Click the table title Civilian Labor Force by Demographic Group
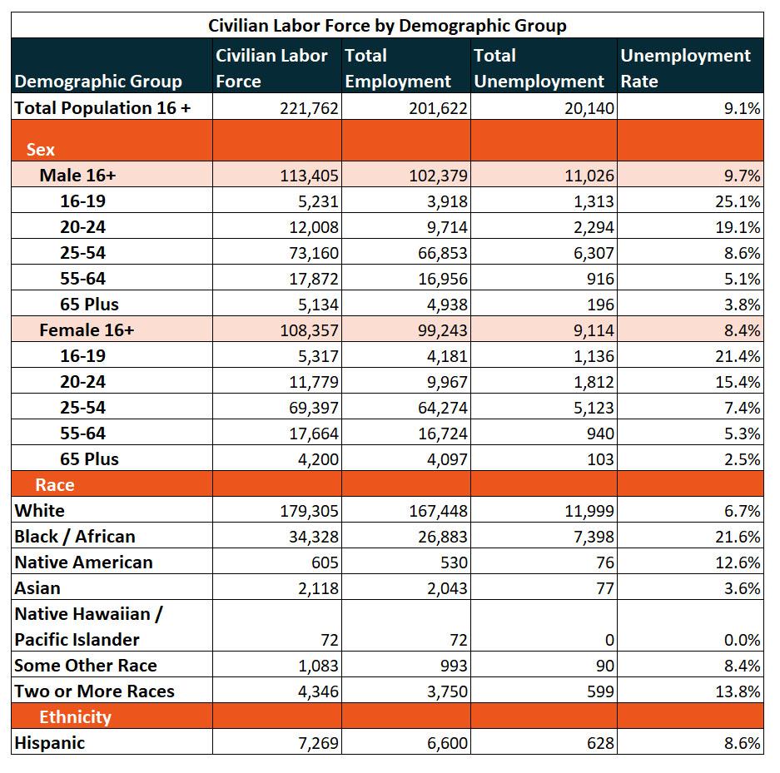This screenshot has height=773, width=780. tap(387, 25)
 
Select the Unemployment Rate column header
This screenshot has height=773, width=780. tap(685, 68)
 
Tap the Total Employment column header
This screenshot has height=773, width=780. tap(398, 68)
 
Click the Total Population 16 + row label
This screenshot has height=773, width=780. tap(102, 108)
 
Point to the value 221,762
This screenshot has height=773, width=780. tap(309, 108)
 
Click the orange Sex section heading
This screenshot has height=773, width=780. tap(40, 150)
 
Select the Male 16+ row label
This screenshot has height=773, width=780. tap(77, 176)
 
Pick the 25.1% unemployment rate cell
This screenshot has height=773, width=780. tap(738, 201)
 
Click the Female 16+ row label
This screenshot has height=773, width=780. tap(87, 330)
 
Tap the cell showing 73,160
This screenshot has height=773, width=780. tap(314, 253)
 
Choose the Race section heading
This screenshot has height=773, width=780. tap(55, 484)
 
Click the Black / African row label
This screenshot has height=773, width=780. tap(75, 537)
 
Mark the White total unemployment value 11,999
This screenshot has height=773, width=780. tap(589, 511)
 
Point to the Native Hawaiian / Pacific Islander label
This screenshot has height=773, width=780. tap(88, 627)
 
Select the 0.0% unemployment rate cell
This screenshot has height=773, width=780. tap(743, 640)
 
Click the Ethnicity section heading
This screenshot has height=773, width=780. tap(75, 716)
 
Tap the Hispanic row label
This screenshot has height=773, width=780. tap(50, 743)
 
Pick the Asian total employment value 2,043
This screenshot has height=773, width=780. tap(447, 588)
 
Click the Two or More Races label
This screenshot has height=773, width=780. tap(95, 691)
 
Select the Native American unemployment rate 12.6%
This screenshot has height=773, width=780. tap(738, 562)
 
